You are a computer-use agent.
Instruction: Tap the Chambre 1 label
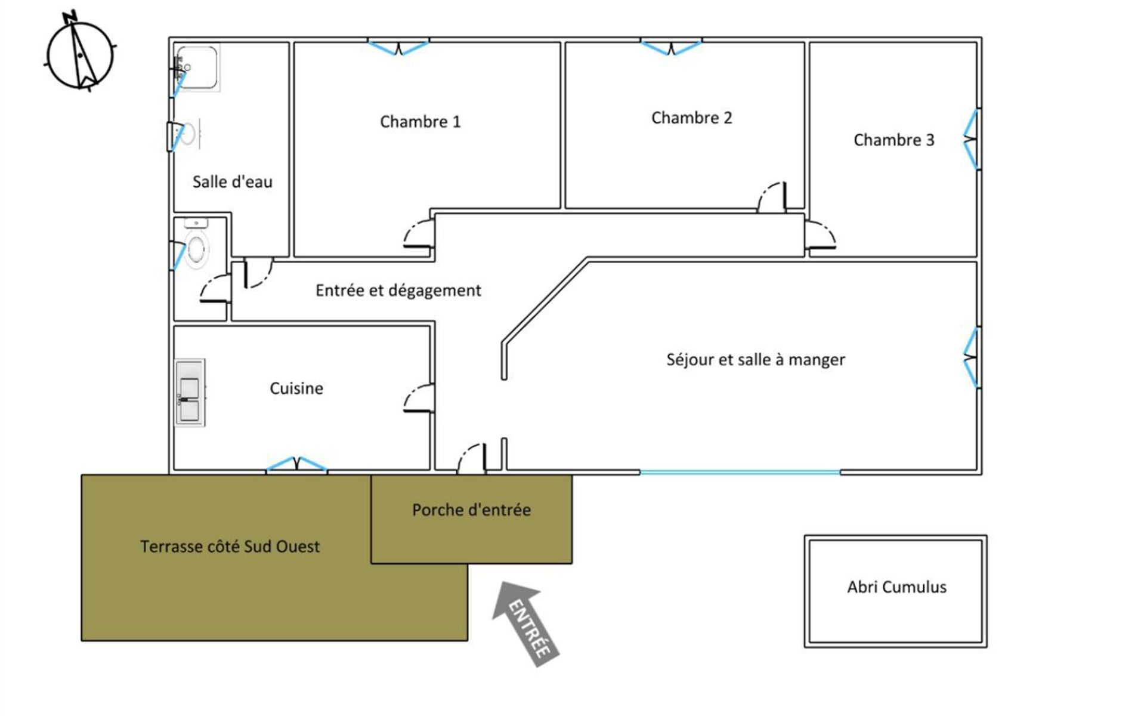[420, 122]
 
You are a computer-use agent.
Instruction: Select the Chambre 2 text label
[691, 118]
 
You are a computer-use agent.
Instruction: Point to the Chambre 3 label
[893, 140]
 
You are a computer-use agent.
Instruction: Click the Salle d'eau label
[232, 181]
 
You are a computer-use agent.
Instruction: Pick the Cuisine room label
[296, 388]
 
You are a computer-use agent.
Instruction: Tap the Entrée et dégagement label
[398, 291]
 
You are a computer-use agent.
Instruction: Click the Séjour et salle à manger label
[755, 359]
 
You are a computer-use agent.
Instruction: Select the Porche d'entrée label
[471, 510]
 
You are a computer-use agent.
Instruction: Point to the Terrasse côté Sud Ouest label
[230, 547]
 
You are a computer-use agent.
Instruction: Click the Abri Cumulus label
[896, 587]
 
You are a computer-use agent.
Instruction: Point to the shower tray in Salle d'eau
[198, 67]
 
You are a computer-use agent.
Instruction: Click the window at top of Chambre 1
[398, 47]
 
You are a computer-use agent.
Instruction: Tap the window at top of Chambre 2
[671, 47]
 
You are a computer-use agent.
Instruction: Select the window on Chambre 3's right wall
[972, 140]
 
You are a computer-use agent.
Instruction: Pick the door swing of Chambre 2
[772, 197]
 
